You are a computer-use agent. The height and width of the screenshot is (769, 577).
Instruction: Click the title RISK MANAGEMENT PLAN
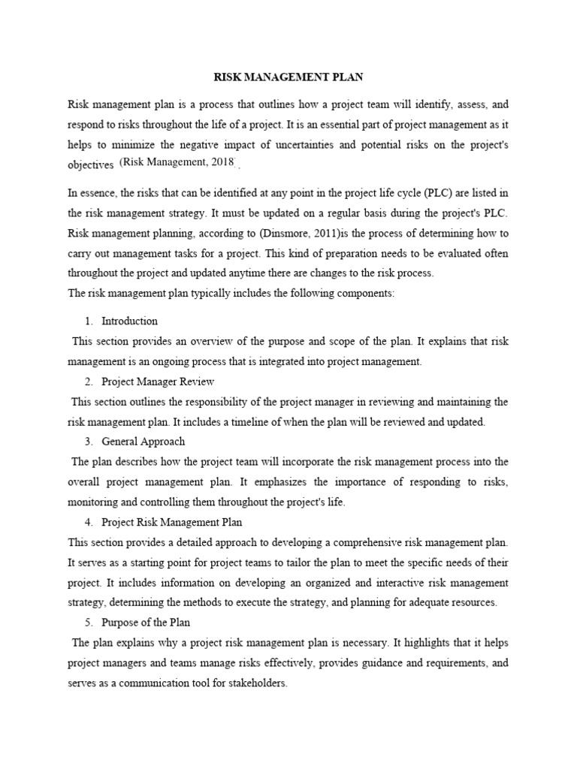[288, 76]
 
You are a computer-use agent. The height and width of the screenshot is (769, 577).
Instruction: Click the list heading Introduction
[129, 321]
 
